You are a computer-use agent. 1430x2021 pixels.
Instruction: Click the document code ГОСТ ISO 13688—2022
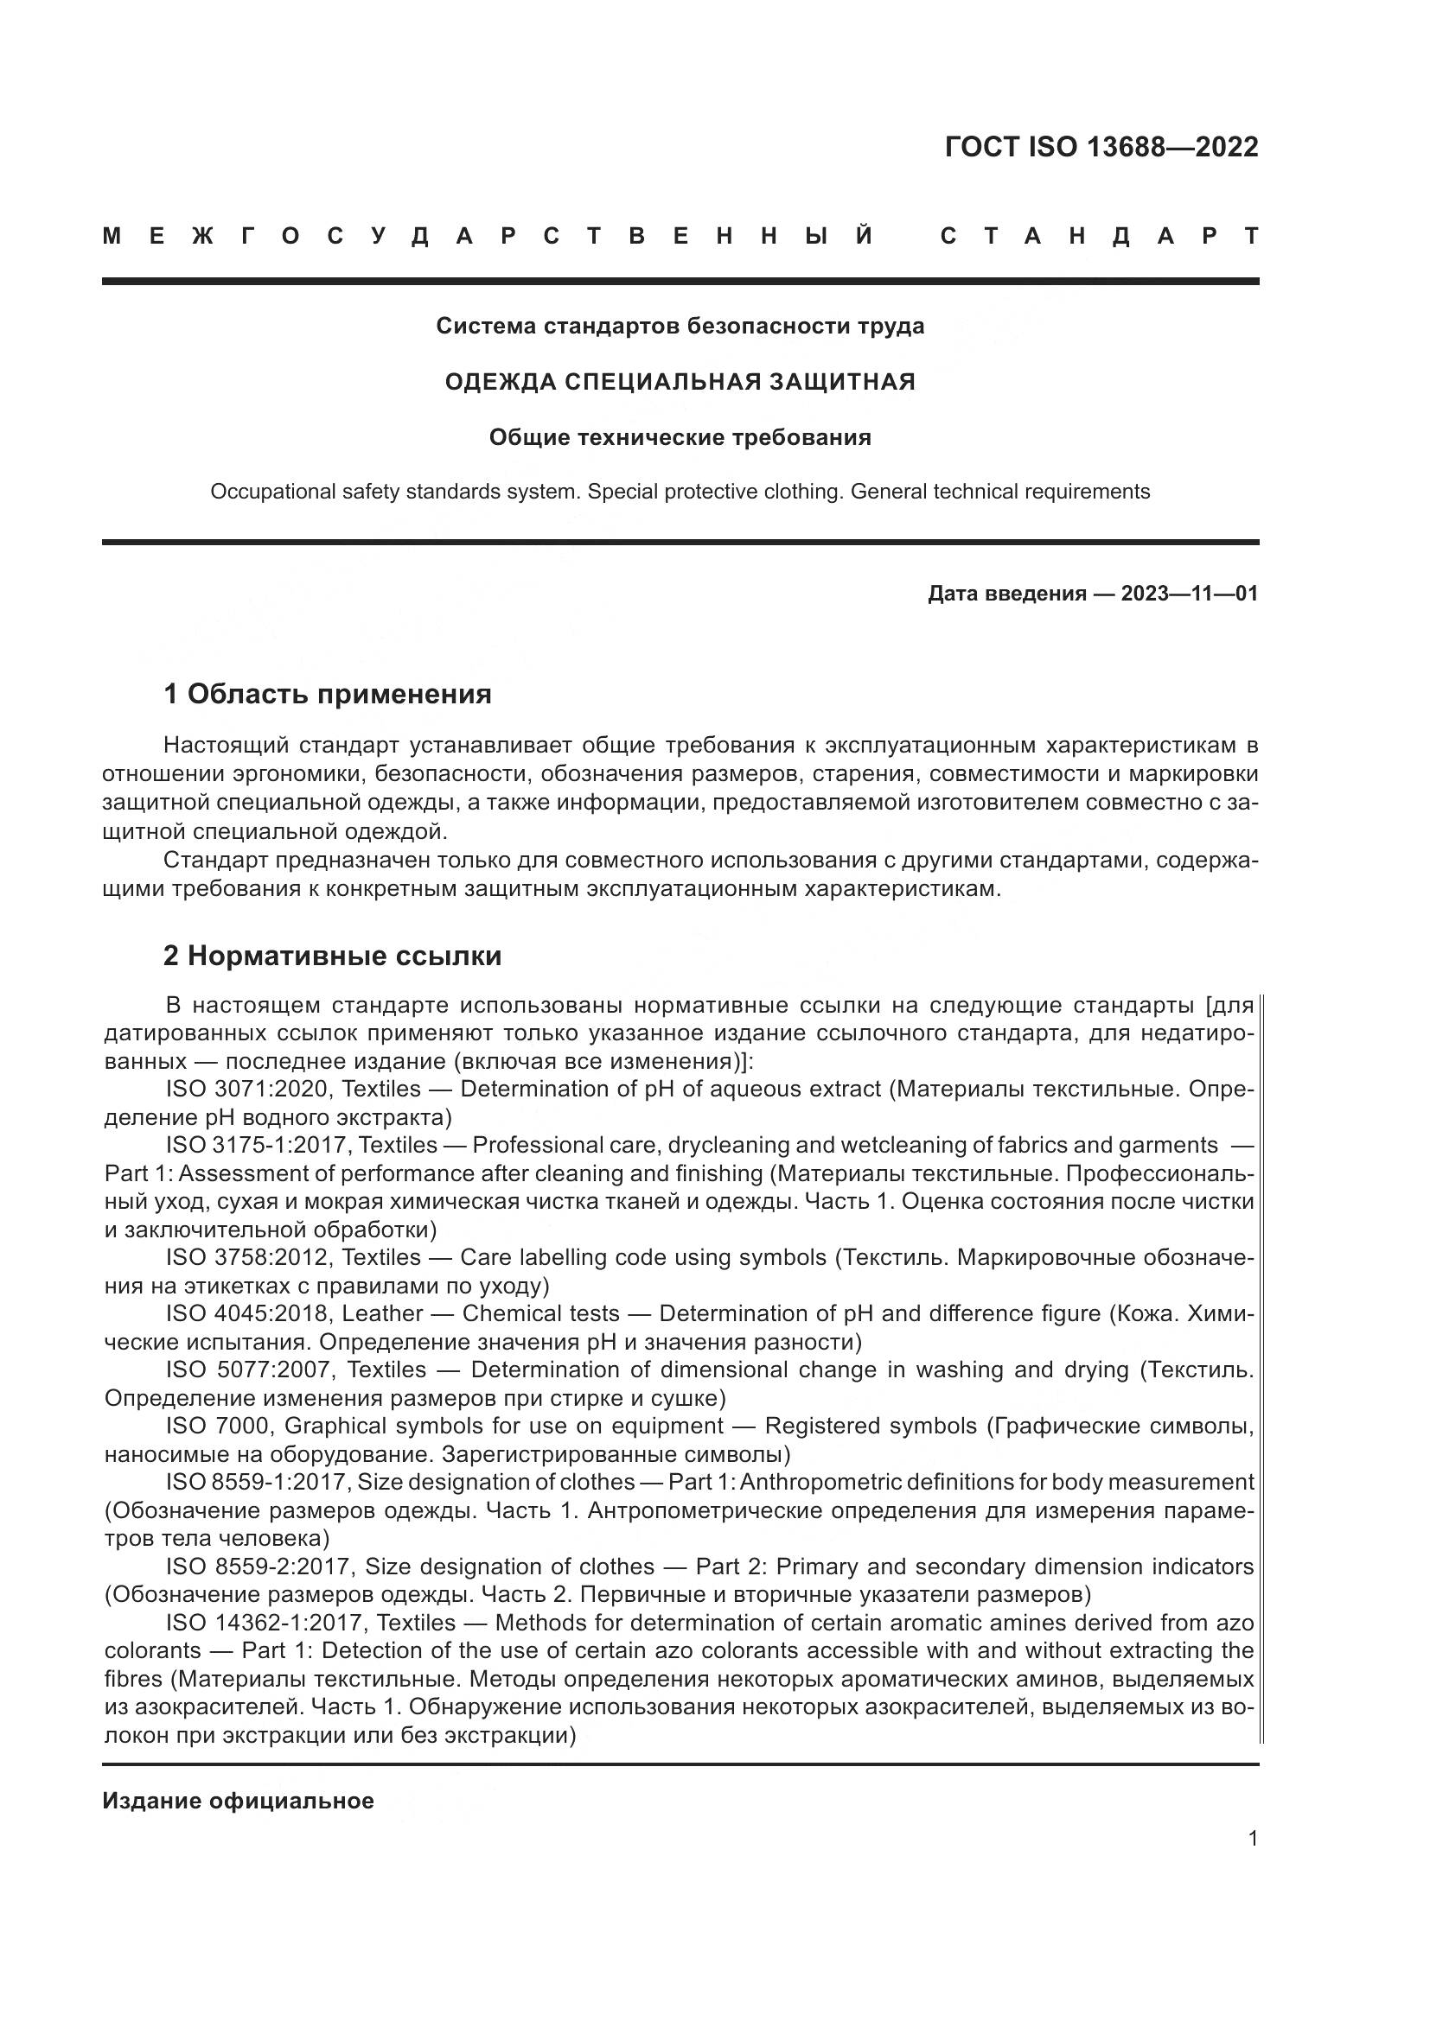click(x=1101, y=147)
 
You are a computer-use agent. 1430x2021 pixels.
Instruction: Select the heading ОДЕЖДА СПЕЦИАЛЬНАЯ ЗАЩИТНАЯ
click(x=680, y=382)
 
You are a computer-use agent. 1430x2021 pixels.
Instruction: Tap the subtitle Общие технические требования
click(x=680, y=437)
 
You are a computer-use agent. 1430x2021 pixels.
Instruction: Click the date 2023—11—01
click(x=1189, y=594)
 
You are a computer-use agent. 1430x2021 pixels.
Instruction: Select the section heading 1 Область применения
click(x=328, y=695)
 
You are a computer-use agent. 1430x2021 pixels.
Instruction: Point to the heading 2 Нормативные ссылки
click(x=333, y=956)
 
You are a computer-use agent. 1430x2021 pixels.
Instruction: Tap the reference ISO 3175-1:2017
click(x=257, y=1146)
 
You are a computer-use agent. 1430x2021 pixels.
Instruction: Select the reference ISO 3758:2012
click(x=248, y=1258)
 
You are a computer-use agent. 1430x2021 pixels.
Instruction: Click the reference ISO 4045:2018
click(x=248, y=1314)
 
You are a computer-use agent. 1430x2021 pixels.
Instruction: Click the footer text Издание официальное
click(x=238, y=1802)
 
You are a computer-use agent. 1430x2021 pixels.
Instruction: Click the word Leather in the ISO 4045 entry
click(x=382, y=1314)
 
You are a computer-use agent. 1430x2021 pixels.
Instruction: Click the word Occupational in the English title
click(x=268, y=492)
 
